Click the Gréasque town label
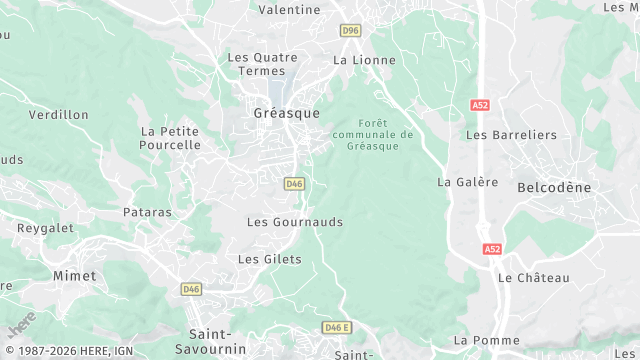[287, 113]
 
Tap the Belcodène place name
[554, 187]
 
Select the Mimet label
[75, 275]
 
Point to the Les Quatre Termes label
[263, 64]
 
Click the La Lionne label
[364, 60]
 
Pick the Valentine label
[289, 10]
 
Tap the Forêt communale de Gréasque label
[372, 135]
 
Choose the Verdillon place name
[59, 115]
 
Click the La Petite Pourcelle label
[170, 138]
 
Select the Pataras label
[147, 212]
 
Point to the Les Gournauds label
[295, 222]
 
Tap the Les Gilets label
[270, 259]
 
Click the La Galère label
[468, 182]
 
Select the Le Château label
[533, 277]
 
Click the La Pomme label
[487, 340]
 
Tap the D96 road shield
[350, 31]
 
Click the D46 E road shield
[337, 328]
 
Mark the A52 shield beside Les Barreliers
[479, 104]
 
